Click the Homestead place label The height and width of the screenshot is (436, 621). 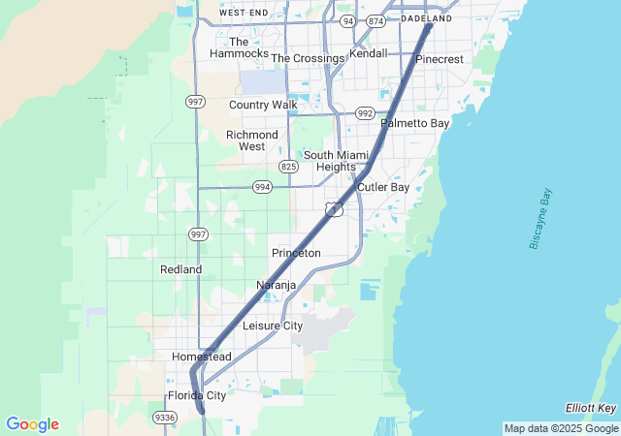point(202,357)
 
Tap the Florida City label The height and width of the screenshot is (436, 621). point(197,395)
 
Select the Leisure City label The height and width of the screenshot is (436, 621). point(273,326)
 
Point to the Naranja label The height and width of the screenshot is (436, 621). point(276,285)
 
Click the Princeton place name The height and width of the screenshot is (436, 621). point(296,253)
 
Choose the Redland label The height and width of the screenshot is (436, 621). point(180,269)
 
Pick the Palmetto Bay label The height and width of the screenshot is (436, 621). point(414,124)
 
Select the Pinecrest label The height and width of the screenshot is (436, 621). point(440,59)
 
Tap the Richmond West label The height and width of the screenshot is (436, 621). point(251,140)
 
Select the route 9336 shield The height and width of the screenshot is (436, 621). point(164,418)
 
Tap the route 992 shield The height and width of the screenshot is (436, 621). point(365,112)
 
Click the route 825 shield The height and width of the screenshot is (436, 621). point(288,167)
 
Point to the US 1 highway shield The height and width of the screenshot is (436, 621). point(334,209)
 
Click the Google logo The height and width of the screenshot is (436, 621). point(32,424)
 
